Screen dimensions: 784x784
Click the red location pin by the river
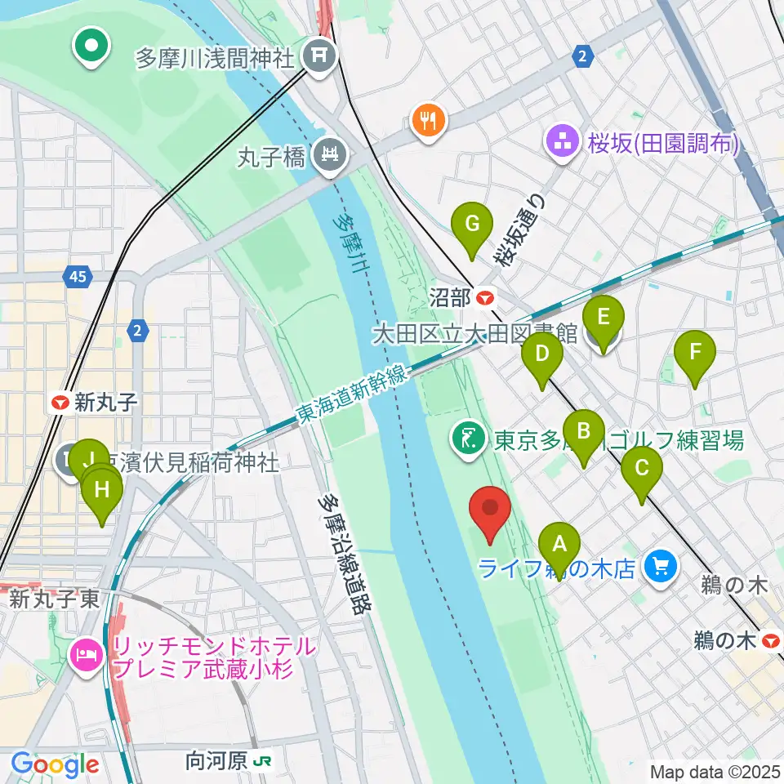point(491,510)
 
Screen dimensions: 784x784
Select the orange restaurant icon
point(428,122)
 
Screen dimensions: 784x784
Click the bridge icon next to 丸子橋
point(331,153)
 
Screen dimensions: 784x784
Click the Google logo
point(54,764)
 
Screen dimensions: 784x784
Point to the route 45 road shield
point(78,278)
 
